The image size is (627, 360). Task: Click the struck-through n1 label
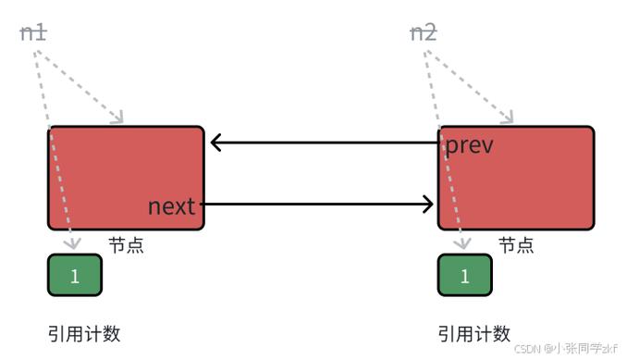point(33,33)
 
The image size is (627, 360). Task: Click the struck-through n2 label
point(423,33)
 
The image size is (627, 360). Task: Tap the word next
point(172,205)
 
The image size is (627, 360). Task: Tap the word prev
point(470,145)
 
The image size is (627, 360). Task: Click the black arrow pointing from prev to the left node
point(324,143)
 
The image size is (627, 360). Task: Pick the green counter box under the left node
point(75,275)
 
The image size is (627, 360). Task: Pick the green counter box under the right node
point(464,275)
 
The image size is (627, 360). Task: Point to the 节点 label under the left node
point(126,245)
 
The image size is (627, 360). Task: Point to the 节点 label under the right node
point(516,245)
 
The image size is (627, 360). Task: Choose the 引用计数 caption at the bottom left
point(84,334)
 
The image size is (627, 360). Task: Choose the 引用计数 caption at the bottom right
point(474,334)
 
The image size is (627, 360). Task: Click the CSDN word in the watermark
point(527,348)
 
